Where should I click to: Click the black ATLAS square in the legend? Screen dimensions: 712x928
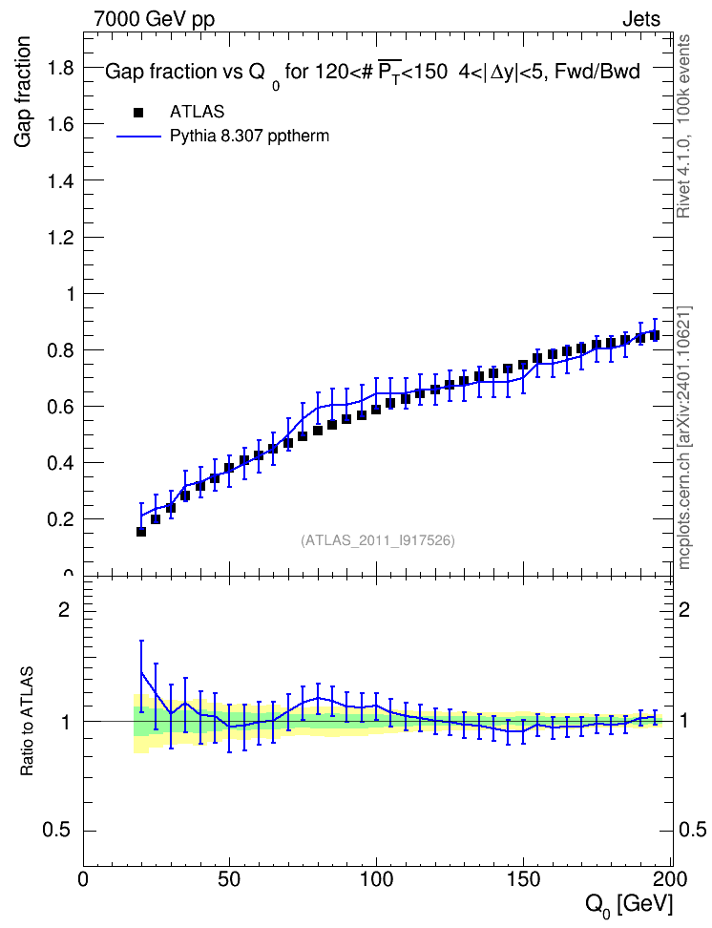(138, 113)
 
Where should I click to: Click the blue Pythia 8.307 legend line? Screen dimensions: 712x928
(138, 137)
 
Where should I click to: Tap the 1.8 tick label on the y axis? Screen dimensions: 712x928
(61, 68)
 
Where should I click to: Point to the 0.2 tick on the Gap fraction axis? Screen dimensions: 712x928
(61, 519)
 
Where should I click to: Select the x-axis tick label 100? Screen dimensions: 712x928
(376, 880)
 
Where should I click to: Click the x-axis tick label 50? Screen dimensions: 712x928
(230, 880)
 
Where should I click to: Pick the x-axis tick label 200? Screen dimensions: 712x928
(670, 880)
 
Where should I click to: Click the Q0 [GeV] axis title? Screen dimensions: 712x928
(629, 905)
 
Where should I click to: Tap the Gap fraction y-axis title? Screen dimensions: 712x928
(23, 92)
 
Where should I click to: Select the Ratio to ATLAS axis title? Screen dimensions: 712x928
(27, 721)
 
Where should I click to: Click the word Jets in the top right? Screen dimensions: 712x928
(641, 19)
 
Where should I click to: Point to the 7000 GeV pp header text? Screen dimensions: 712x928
(154, 19)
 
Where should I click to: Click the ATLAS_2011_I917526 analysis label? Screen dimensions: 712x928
(378, 540)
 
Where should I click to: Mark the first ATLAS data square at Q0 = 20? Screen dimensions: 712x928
(141, 532)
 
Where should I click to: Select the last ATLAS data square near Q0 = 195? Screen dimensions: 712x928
(655, 335)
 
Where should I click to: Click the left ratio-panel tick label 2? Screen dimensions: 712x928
(64, 609)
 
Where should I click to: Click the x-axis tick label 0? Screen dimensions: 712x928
(83, 880)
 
